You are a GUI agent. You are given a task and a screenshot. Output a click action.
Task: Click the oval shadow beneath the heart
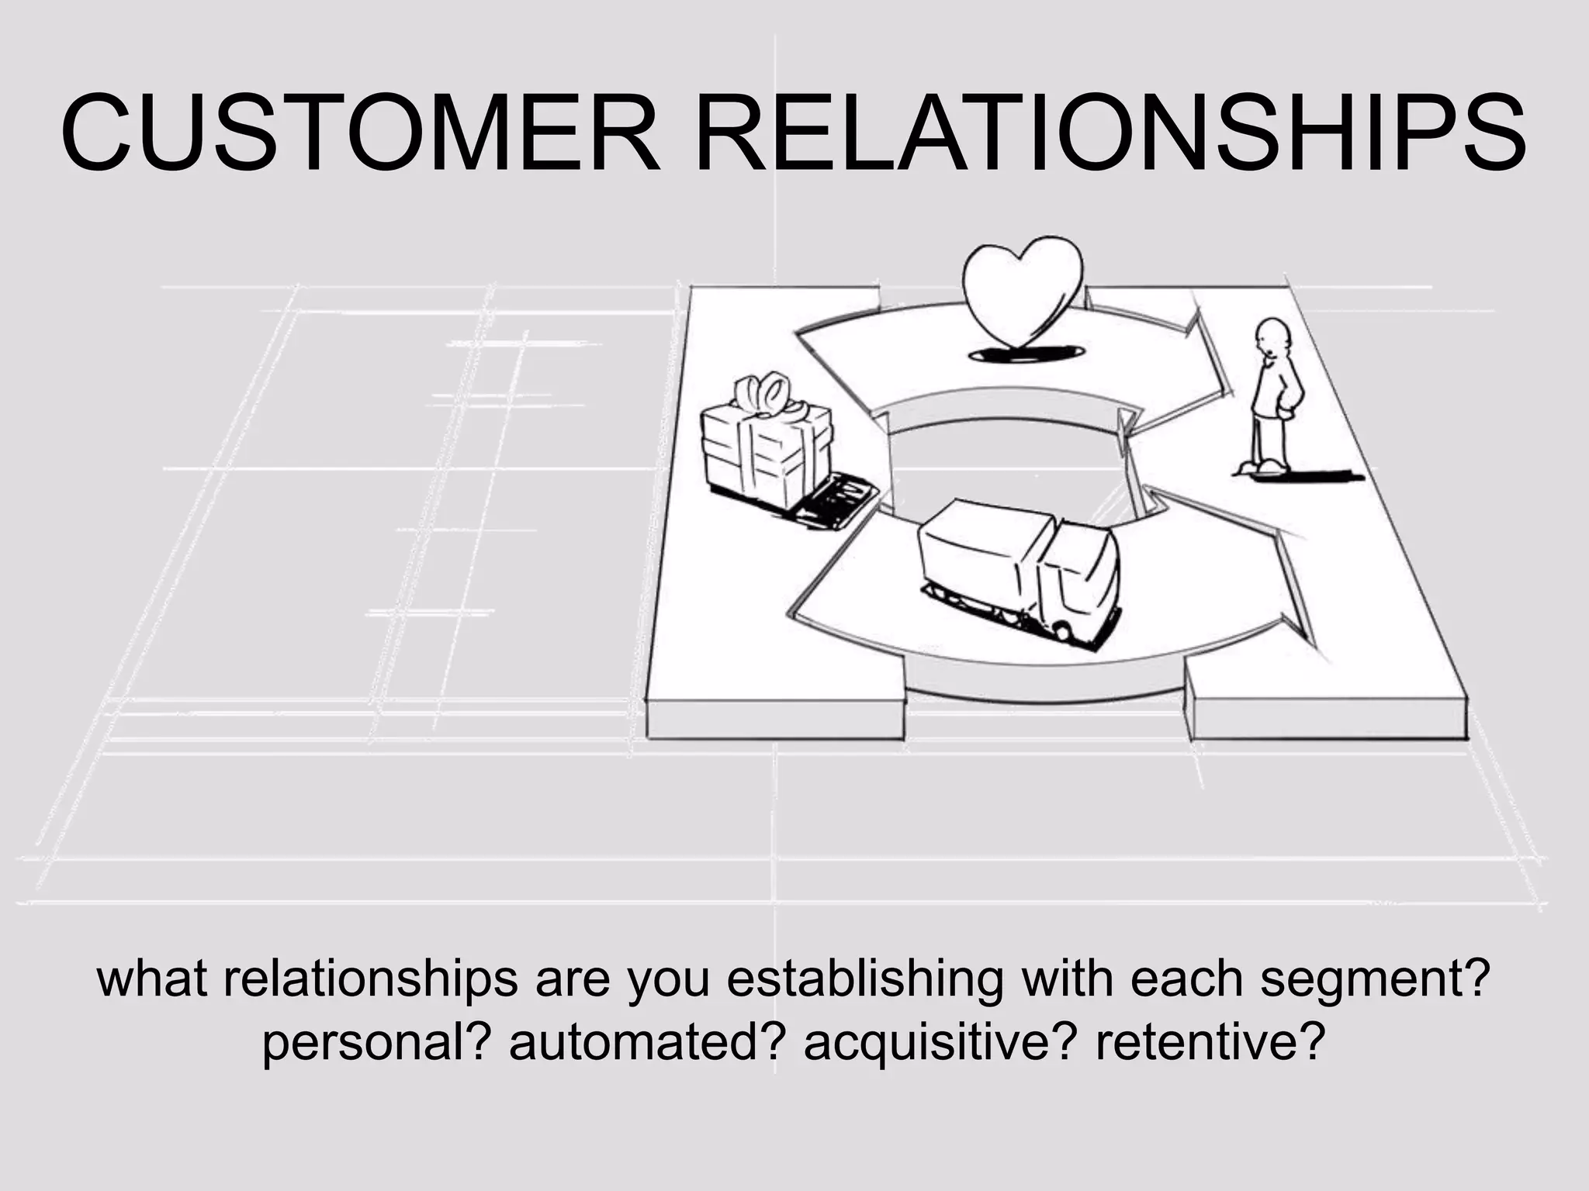click(x=1026, y=354)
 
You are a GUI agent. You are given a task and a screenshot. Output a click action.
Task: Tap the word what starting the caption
click(x=152, y=979)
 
